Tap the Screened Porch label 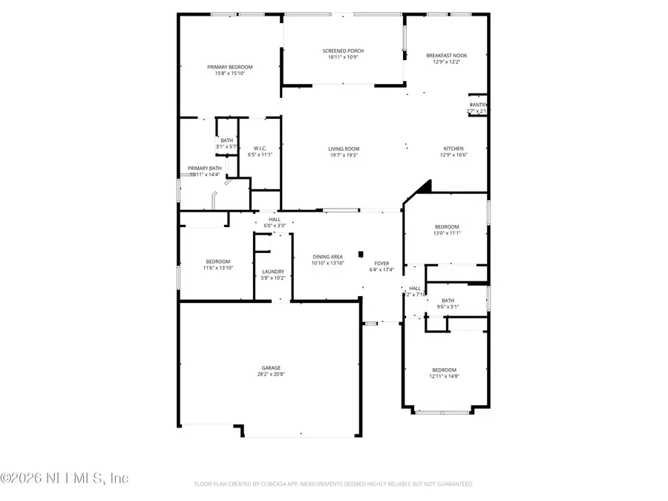343,51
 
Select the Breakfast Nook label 446,56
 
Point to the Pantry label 477,105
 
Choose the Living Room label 344,148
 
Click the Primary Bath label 204,168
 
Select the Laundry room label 273,272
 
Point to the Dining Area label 327,257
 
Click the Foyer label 382,263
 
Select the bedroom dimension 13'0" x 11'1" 447,233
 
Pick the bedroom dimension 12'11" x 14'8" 445,376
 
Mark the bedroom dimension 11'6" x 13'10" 218,267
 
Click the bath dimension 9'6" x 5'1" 448,307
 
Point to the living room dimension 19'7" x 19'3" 344,155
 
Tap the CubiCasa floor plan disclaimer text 333,484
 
